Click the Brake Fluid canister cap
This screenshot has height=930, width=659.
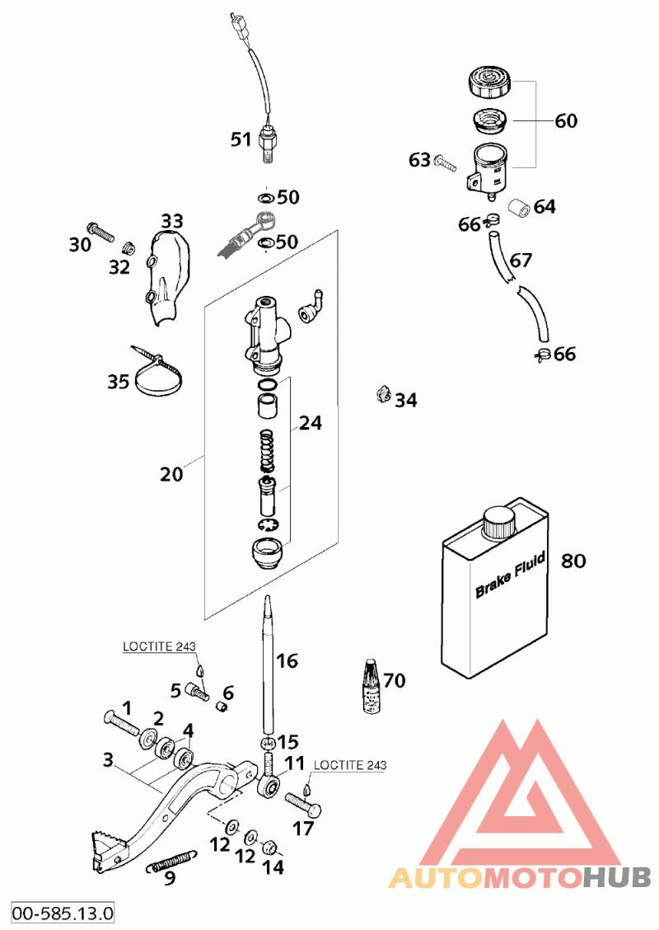[x=499, y=522]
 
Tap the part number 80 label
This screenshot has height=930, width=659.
[x=573, y=561]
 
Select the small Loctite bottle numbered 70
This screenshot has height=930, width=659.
[x=372, y=685]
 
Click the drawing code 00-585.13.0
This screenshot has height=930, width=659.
[x=63, y=914]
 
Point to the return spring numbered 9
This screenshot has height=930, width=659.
[x=172, y=862]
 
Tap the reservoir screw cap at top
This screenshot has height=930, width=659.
[x=492, y=82]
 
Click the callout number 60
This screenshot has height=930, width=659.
[x=566, y=121]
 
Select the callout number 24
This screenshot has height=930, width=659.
[x=311, y=423]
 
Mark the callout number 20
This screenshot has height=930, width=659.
[x=172, y=474]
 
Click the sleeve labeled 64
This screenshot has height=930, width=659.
[x=516, y=206]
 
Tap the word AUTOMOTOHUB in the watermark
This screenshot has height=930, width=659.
[x=520, y=876]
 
